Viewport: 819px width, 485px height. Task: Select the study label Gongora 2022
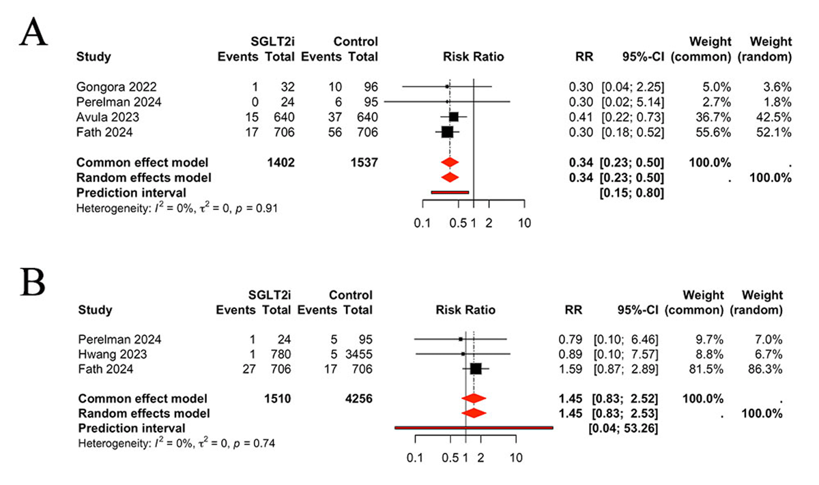117,87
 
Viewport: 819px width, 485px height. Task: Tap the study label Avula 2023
108,117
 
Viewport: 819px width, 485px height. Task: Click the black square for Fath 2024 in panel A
447,132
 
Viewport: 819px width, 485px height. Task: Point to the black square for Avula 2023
453,117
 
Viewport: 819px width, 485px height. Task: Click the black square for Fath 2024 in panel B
476,368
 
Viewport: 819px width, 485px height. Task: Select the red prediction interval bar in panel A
449,192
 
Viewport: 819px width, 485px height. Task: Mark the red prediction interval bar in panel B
474,428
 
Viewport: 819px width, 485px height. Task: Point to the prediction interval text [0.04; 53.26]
626,428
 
